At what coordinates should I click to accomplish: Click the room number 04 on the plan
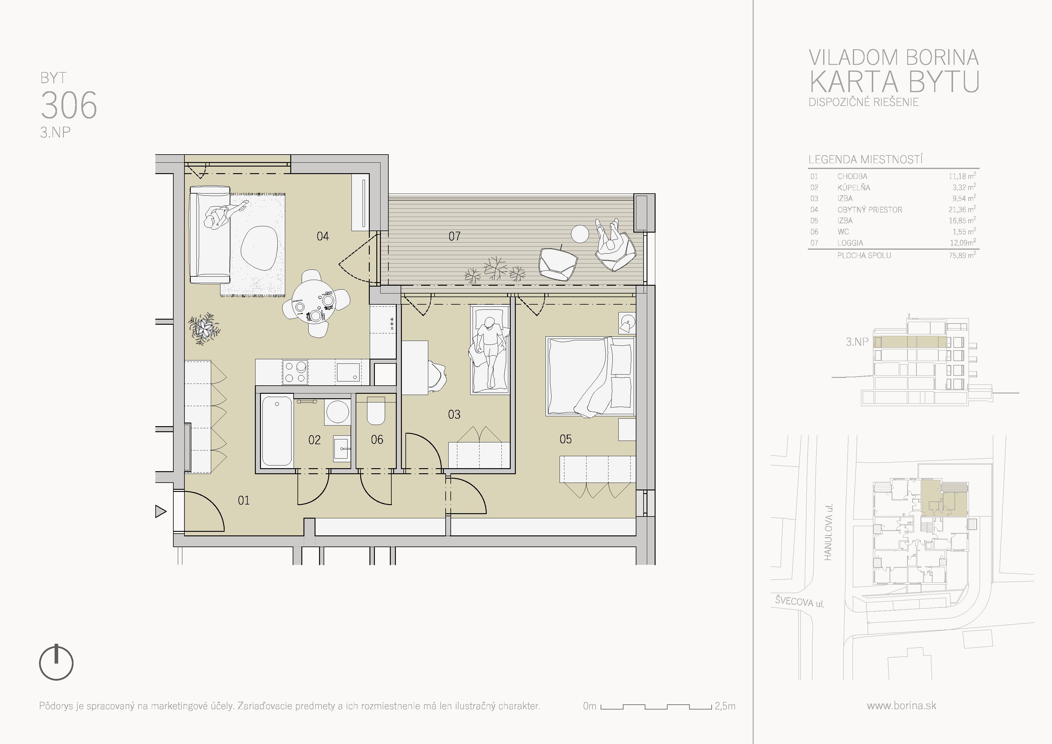pyautogui.click(x=323, y=236)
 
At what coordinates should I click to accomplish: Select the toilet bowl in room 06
pyautogui.click(x=376, y=411)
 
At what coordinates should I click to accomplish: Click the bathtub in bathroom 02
pyautogui.click(x=277, y=431)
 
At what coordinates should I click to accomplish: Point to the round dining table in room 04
pyautogui.click(x=314, y=302)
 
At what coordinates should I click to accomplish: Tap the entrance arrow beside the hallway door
pyautogui.click(x=160, y=511)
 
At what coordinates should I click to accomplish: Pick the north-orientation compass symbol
pyautogui.click(x=56, y=663)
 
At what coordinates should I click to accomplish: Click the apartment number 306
pyautogui.click(x=69, y=105)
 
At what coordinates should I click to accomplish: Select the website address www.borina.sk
pyautogui.click(x=901, y=706)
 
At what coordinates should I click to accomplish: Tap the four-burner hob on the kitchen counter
pyautogui.click(x=295, y=372)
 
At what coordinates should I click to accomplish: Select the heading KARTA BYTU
pyautogui.click(x=894, y=82)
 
